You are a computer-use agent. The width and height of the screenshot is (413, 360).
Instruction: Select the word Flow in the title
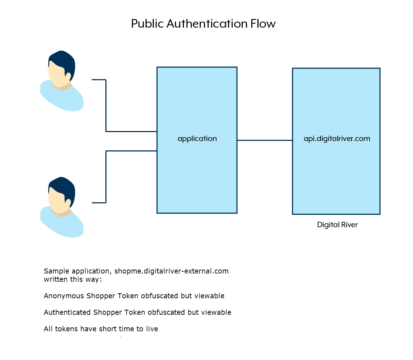coord(262,24)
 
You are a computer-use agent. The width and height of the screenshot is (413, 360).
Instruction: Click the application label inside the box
coord(197,139)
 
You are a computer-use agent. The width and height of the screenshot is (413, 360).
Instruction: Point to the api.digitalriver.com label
coord(337,139)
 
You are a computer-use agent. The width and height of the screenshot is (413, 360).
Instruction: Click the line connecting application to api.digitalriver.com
coord(265,140)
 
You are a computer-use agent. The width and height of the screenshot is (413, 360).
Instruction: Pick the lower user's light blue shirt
coord(63,224)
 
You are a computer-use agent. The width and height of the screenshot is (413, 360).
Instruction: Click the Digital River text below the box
coord(337,225)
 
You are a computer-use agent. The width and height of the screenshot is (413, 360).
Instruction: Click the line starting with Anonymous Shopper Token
coord(134,296)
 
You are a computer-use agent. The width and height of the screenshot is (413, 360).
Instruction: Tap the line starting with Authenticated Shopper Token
coord(138,312)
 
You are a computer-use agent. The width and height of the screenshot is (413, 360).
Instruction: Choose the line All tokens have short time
coord(101,329)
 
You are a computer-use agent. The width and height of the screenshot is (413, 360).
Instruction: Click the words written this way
coord(71,279)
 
